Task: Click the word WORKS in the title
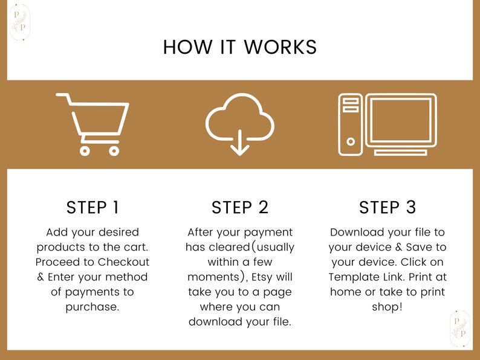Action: [280, 47]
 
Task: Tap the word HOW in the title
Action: [187, 47]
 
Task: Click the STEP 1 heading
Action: [92, 207]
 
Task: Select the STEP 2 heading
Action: [240, 207]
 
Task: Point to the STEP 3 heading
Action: [388, 207]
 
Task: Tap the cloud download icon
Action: [239, 124]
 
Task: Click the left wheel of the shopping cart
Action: [85, 151]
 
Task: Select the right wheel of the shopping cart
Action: [114, 151]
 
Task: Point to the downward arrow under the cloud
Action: [239, 143]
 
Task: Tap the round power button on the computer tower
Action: [351, 141]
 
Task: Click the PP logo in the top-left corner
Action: [20, 22]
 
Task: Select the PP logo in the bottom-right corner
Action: [460, 329]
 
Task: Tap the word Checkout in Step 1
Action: [124, 262]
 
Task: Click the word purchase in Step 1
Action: [92, 307]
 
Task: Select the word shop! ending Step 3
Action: [387, 307]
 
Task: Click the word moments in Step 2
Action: [213, 277]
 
